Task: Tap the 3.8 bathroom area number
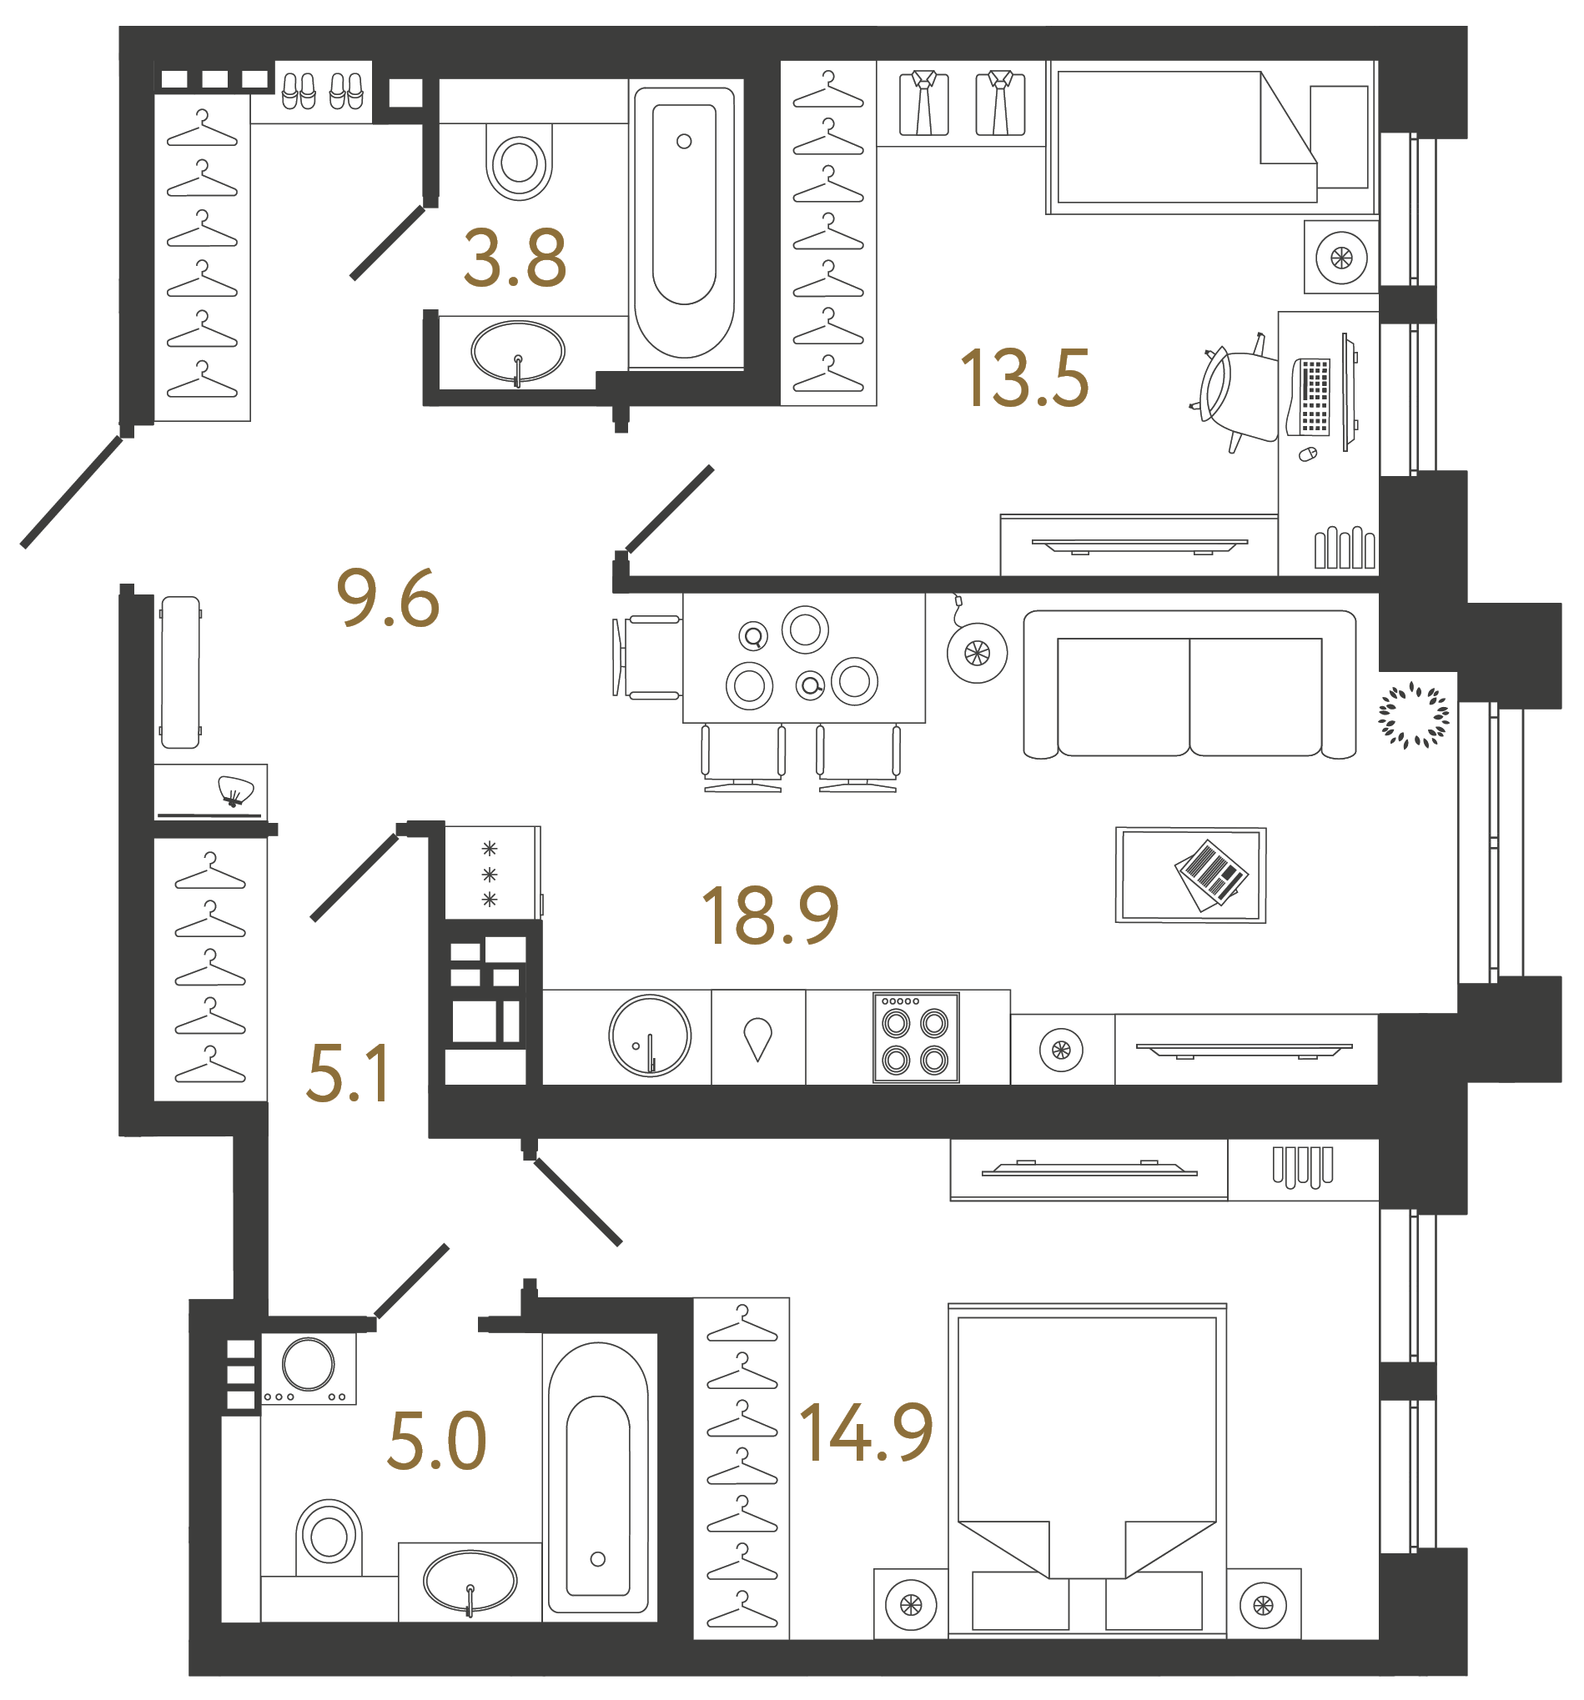click(x=514, y=258)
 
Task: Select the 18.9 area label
click(x=769, y=915)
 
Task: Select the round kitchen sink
click(x=649, y=1035)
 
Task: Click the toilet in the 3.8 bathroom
click(x=518, y=161)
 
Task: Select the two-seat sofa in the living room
click(x=1188, y=685)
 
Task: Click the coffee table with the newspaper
click(x=1189, y=874)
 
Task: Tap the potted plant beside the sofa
click(x=1412, y=714)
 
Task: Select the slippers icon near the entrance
click(x=323, y=91)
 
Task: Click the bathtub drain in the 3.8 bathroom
click(x=683, y=142)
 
